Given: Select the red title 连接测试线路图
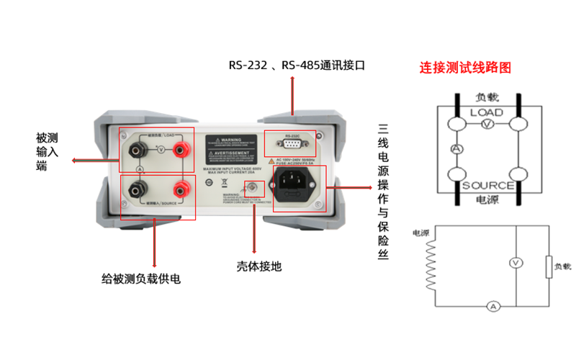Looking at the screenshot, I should pyautogui.click(x=466, y=68).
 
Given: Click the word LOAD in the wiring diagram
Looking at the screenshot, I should pyautogui.click(x=487, y=112).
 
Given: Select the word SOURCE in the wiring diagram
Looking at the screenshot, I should pyautogui.click(x=487, y=185).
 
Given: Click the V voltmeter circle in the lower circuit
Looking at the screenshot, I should pyautogui.click(x=516, y=264).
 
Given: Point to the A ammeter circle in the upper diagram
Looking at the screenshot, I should pyautogui.click(x=456, y=148).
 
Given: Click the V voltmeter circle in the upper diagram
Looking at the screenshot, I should pyautogui.click(x=487, y=125).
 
